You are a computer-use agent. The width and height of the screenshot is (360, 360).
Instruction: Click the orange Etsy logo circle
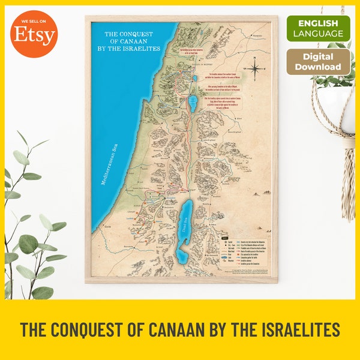[34, 34]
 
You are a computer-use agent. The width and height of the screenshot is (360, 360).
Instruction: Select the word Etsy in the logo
[34, 37]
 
